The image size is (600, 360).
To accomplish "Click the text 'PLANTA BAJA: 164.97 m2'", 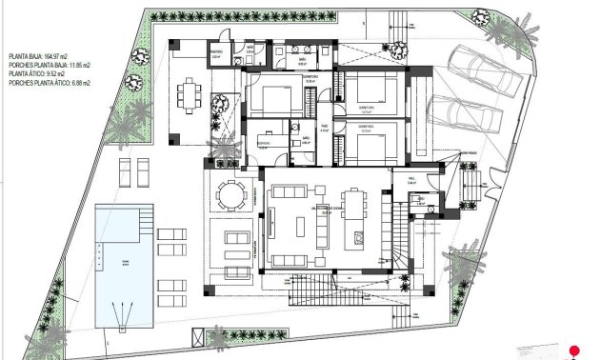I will (38, 56).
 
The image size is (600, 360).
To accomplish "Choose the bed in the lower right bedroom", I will (366, 146).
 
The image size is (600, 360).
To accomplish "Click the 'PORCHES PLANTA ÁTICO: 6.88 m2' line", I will (48, 82).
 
